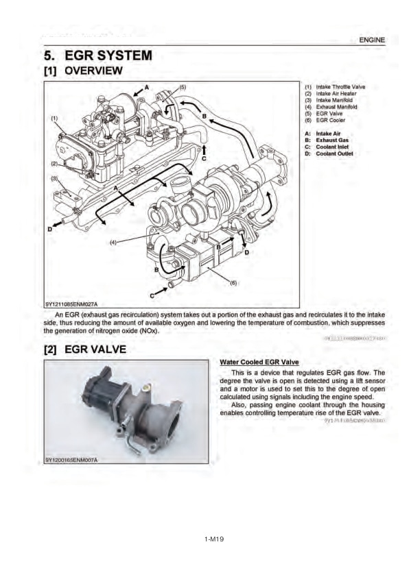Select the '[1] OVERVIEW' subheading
point(83,71)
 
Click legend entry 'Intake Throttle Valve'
point(334,88)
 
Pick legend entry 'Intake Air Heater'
point(330,94)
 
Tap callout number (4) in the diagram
point(115,241)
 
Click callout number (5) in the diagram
point(182,88)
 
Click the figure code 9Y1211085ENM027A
point(71,304)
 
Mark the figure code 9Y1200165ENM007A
point(71,458)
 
